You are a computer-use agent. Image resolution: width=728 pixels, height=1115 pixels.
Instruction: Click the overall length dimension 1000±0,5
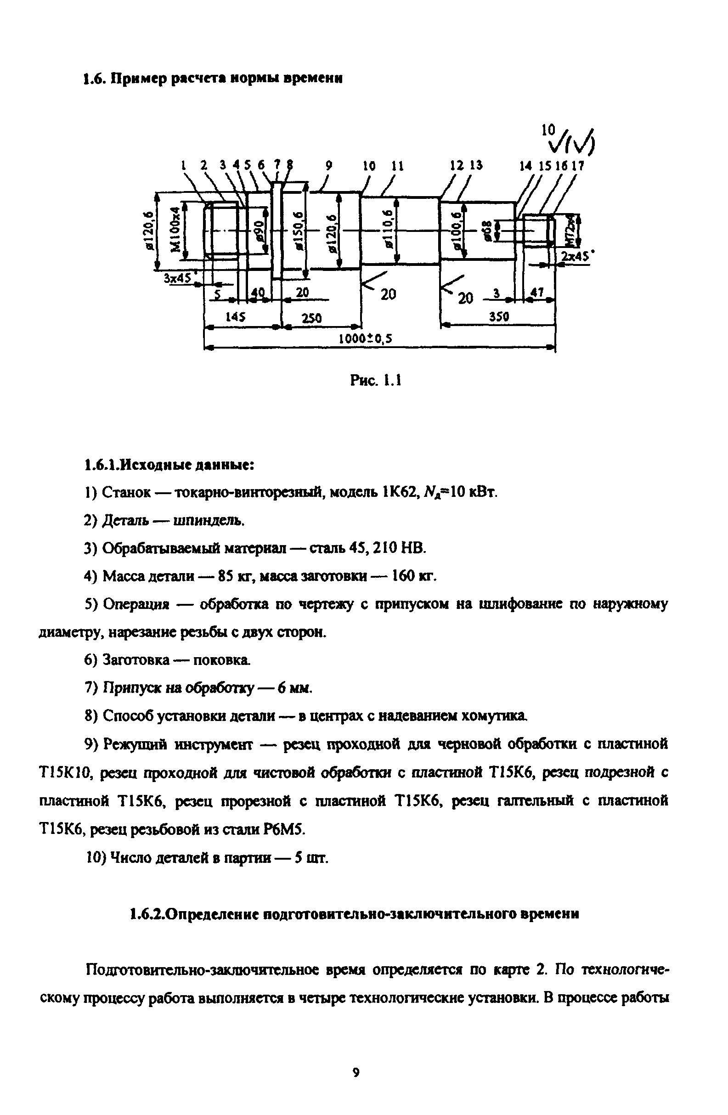click(365, 338)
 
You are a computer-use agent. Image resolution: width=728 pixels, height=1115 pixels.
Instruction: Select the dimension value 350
click(499, 317)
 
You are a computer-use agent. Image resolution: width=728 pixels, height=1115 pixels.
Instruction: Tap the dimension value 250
click(311, 318)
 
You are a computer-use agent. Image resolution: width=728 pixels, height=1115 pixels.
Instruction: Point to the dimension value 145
click(235, 317)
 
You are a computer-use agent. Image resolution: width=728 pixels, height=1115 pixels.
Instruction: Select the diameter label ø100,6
click(457, 231)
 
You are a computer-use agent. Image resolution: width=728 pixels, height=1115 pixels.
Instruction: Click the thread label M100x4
click(175, 230)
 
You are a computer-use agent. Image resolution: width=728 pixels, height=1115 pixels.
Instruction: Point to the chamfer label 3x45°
click(179, 278)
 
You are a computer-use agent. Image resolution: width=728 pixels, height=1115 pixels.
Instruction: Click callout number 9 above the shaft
click(329, 165)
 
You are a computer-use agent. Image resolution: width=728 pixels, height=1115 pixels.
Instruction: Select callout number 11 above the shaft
click(398, 166)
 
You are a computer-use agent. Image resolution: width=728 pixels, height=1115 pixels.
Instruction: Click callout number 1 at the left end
click(184, 165)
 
